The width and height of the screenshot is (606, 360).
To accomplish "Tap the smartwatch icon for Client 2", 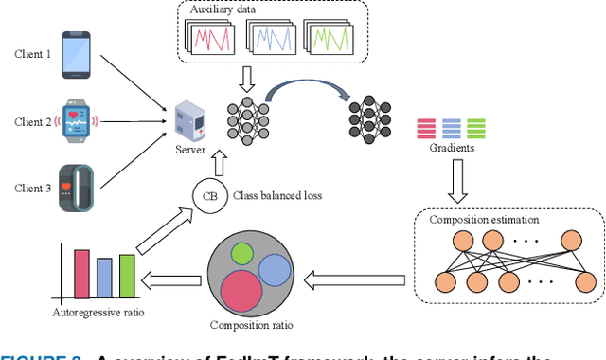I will [77, 121].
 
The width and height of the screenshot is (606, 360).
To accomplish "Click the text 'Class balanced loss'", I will [279, 195].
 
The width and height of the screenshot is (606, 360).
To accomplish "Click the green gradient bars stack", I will [476, 128].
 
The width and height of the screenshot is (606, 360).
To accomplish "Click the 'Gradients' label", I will [453, 150].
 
